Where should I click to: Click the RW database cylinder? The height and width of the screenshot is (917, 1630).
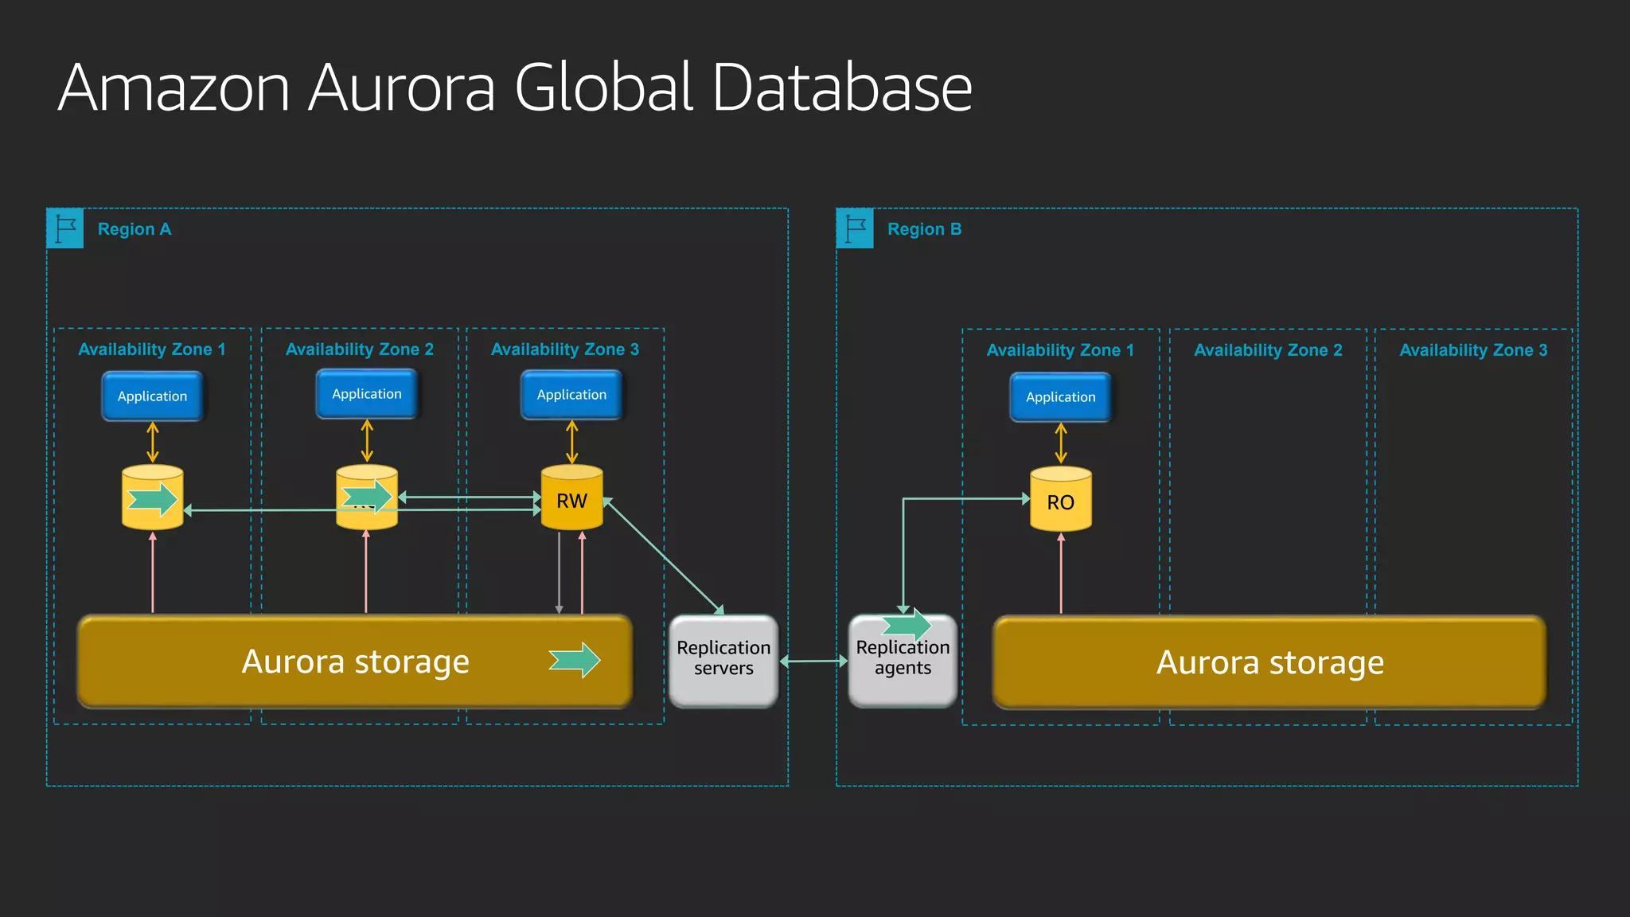(571, 498)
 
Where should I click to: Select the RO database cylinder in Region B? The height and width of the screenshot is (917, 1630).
(1060, 500)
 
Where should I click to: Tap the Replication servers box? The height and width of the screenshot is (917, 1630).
(723, 660)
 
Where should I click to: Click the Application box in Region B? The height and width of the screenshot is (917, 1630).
(1060, 396)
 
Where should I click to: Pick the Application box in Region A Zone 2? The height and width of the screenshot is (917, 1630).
(366, 393)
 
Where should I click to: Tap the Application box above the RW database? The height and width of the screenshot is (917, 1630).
(571, 394)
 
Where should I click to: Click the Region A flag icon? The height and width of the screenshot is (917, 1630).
(65, 228)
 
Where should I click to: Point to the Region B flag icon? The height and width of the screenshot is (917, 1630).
(855, 228)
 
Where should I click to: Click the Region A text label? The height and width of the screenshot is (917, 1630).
(135, 229)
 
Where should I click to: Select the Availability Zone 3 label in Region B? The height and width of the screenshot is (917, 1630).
(1473, 350)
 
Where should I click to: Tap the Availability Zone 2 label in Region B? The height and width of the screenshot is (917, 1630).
(1268, 350)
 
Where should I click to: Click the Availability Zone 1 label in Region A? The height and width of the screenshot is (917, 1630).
(152, 349)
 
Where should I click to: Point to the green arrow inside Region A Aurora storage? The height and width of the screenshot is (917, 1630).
(575, 660)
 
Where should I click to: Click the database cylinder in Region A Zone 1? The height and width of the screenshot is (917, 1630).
(152, 498)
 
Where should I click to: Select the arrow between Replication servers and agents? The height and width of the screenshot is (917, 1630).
(813, 661)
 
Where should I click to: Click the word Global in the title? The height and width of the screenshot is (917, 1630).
(605, 87)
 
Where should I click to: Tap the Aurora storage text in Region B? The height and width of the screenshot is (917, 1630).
(1269, 662)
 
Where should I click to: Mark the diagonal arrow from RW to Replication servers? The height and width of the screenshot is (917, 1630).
(664, 556)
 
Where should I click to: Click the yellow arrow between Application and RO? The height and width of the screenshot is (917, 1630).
(1061, 443)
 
